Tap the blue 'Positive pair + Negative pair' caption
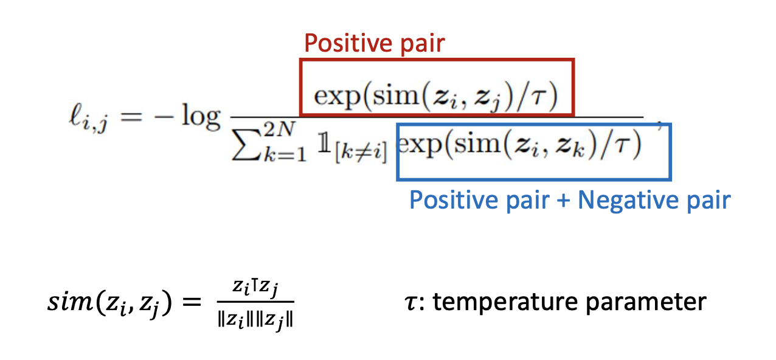[570, 199]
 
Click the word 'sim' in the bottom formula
[67, 302]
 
